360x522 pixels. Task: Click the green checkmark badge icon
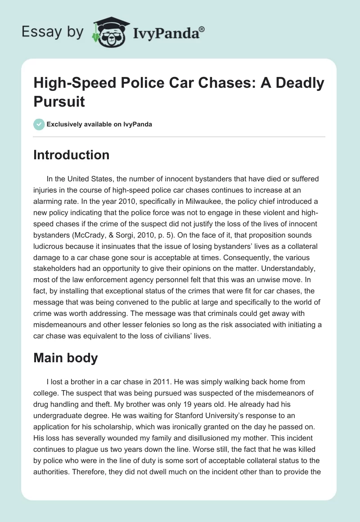[x=39, y=124]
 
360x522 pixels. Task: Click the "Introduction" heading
[x=72, y=155]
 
